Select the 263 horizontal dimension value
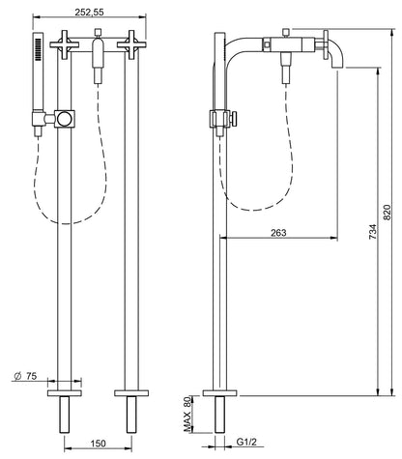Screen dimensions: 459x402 pos(278,231)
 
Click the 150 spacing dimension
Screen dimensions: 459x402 pos(98,444)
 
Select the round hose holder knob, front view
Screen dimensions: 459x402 pos(66,119)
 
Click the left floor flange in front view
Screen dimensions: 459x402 pos(67,395)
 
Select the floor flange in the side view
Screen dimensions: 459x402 pos(217,395)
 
